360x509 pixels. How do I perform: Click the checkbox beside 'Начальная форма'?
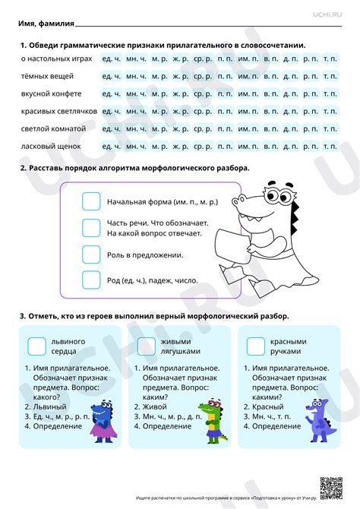tap(91, 201)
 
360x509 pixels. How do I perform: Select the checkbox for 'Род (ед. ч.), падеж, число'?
tap(91, 280)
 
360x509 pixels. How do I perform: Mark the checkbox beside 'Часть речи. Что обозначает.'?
tap(91, 228)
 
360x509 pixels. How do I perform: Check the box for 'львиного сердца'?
tap(36, 346)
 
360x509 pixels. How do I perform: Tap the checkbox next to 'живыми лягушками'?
tap(146, 346)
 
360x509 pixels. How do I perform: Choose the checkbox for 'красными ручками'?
tap(256, 346)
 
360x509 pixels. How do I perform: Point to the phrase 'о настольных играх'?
tap(56, 58)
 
